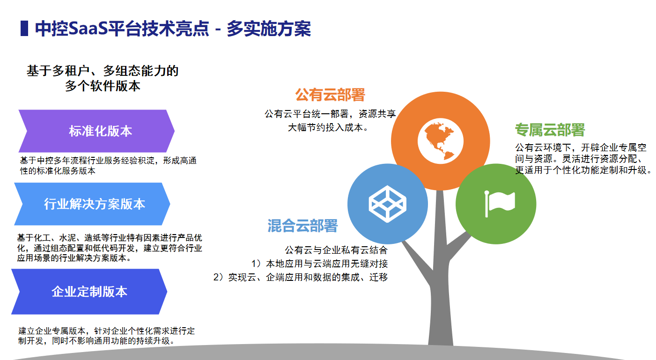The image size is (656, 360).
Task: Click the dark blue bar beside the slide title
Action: tap(24, 29)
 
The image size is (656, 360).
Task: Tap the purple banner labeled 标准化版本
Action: tap(96, 131)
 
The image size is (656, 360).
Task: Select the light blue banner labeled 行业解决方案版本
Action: tap(92, 204)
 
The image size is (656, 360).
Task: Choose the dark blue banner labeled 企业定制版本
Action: tap(89, 292)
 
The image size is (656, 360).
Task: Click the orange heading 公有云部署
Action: tap(330, 95)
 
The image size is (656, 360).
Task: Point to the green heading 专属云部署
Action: tap(550, 130)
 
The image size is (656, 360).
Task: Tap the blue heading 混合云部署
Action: tap(302, 226)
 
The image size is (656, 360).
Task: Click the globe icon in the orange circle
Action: tap(440, 141)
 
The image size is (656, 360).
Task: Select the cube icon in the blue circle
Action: tap(387, 204)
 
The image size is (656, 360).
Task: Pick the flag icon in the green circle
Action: tap(500, 204)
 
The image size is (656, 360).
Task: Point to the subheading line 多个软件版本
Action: tap(103, 86)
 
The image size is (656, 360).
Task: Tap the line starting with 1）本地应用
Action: tap(319, 264)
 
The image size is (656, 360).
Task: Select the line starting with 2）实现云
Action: tap(301, 277)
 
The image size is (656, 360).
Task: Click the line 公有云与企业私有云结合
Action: tap(336, 250)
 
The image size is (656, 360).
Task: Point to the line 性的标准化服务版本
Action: tap(58, 170)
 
